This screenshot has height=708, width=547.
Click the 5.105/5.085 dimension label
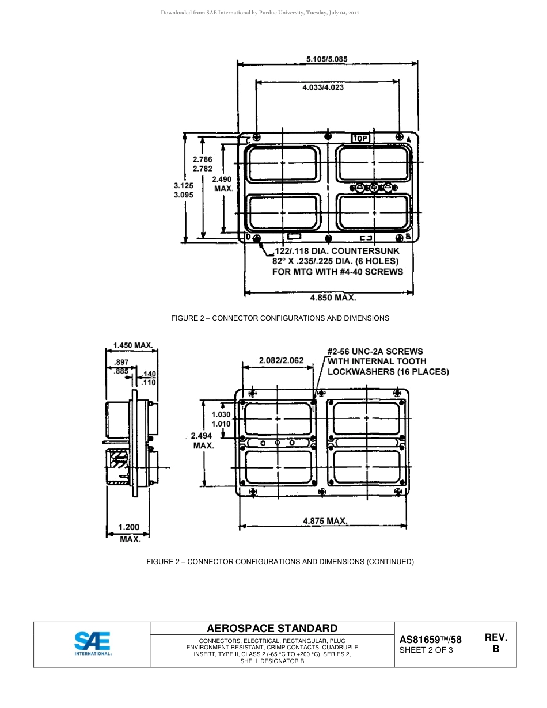coord(326,59)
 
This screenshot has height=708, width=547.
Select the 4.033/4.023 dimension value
coord(323,87)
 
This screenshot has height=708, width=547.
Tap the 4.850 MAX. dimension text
coord(333,298)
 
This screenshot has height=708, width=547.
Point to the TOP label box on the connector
coord(360,138)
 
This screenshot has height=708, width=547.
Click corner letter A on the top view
coord(408,140)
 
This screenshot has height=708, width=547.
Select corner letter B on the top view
coord(408,237)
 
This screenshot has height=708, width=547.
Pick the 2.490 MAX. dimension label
coord(223,184)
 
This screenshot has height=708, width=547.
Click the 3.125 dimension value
coord(184,186)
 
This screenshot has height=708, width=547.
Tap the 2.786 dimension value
coord(203,159)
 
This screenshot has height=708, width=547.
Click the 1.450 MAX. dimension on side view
coord(132,345)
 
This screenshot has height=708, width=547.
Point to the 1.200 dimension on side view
coord(128,527)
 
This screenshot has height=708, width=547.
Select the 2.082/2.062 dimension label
coord(281,361)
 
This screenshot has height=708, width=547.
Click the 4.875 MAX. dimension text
coord(325,521)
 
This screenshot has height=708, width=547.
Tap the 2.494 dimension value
coord(202,436)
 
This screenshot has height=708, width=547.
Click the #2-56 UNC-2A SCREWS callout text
coord(375,351)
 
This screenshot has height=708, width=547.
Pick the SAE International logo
coord(92,644)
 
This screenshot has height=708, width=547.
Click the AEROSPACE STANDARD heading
coord(272,628)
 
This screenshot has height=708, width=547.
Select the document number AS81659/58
coord(430,640)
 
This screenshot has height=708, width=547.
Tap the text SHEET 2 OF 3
coord(426,650)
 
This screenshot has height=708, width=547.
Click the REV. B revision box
coord(495,643)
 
